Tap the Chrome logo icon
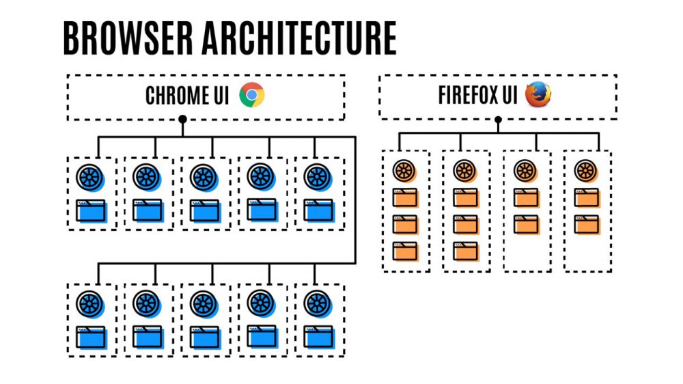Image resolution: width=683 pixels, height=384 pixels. (251, 96)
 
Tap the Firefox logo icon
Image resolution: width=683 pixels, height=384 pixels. (538, 95)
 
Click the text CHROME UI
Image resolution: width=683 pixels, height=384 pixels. (187, 96)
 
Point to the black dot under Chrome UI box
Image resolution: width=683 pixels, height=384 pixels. (182, 120)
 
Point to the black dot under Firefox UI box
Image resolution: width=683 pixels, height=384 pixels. (498, 120)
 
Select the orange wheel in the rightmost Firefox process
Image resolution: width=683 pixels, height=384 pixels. (586, 170)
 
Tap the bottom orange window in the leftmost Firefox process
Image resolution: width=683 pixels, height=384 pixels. (405, 251)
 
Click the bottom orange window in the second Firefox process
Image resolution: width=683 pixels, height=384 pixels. (465, 251)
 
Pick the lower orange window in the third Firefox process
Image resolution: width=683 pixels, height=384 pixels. (525, 224)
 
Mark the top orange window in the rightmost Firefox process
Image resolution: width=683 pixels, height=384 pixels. (586, 197)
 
